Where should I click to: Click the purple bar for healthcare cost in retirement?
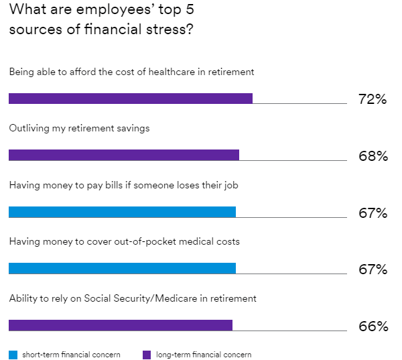tap(131, 99)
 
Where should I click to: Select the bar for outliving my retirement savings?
tap(124, 155)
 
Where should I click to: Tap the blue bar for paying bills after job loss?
tap(122, 212)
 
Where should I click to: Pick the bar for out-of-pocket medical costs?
tap(122, 268)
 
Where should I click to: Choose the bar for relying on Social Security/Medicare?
tap(121, 325)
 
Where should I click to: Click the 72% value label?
tap(373, 100)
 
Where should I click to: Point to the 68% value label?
tap(373, 156)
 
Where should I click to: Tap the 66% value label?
tap(373, 326)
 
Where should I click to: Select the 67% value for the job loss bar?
tap(373, 213)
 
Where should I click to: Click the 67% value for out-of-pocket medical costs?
tap(373, 269)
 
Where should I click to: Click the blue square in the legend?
tap(13, 355)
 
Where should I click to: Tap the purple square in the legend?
tap(147, 355)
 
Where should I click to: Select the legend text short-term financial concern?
tap(71, 355)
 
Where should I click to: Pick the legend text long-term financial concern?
tap(204, 355)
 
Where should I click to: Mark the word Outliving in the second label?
tap(28, 128)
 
